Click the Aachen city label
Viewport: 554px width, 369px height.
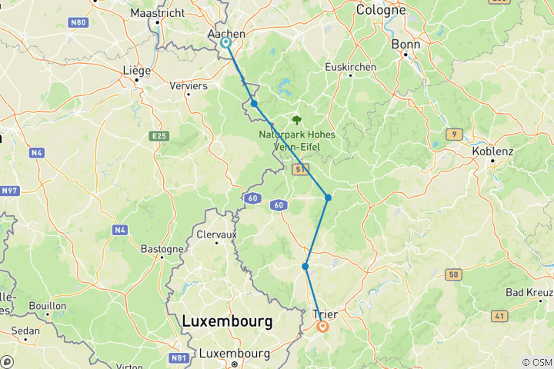tap(226, 35)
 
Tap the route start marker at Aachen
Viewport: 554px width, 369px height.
tap(226, 43)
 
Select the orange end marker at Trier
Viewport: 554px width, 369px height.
tap(322, 327)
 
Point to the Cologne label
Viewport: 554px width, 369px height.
tap(381, 10)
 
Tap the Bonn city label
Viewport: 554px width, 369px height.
tap(405, 45)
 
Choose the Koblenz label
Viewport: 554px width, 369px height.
tap(492, 151)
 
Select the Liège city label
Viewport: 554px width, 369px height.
tap(136, 70)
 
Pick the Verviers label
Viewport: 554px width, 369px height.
tap(189, 86)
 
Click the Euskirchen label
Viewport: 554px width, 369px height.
tap(350, 67)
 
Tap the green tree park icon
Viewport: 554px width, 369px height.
tap(296, 120)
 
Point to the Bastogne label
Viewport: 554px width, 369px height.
tap(162, 249)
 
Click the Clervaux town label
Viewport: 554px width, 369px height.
tap(216, 234)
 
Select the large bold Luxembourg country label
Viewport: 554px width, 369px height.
tap(227, 321)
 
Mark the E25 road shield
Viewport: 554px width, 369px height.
tap(159, 136)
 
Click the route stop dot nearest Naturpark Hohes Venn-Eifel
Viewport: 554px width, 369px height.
tap(254, 103)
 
